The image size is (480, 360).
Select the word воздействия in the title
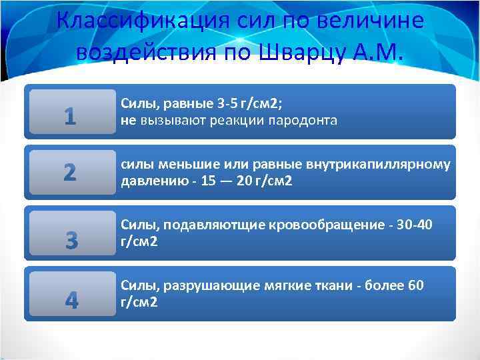(x=145, y=51)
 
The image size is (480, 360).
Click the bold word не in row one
(x=128, y=121)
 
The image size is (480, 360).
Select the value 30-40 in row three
(x=415, y=225)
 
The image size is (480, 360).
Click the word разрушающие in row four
(x=205, y=286)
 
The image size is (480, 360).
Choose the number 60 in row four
(x=415, y=286)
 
